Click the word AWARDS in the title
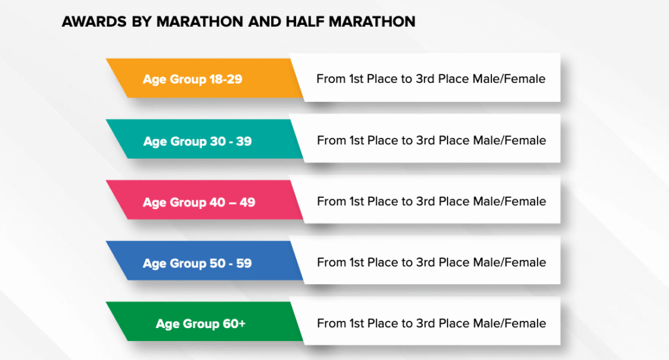click(94, 22)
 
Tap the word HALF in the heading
click(304, 22)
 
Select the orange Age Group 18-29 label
click(193, 79)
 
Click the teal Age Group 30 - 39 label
click(197, 141)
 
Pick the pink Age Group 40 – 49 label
click(199, 202)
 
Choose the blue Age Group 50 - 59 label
click(197, 263)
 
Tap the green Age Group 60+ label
click(201, 324)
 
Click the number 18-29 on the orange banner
click(225, 79)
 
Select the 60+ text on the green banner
click(234, 323)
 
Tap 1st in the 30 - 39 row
click(357, 140)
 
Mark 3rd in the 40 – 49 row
click(426, 201)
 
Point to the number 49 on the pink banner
click(248, 202)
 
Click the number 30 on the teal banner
click(218, 140)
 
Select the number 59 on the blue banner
click(244, 263)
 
